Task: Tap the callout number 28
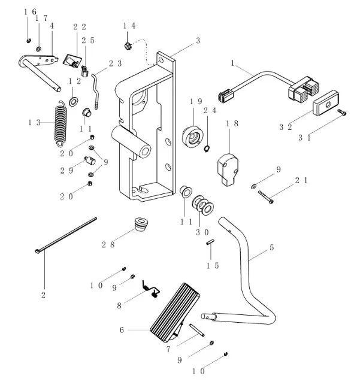108,244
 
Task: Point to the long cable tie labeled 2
66,236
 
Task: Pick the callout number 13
34,122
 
